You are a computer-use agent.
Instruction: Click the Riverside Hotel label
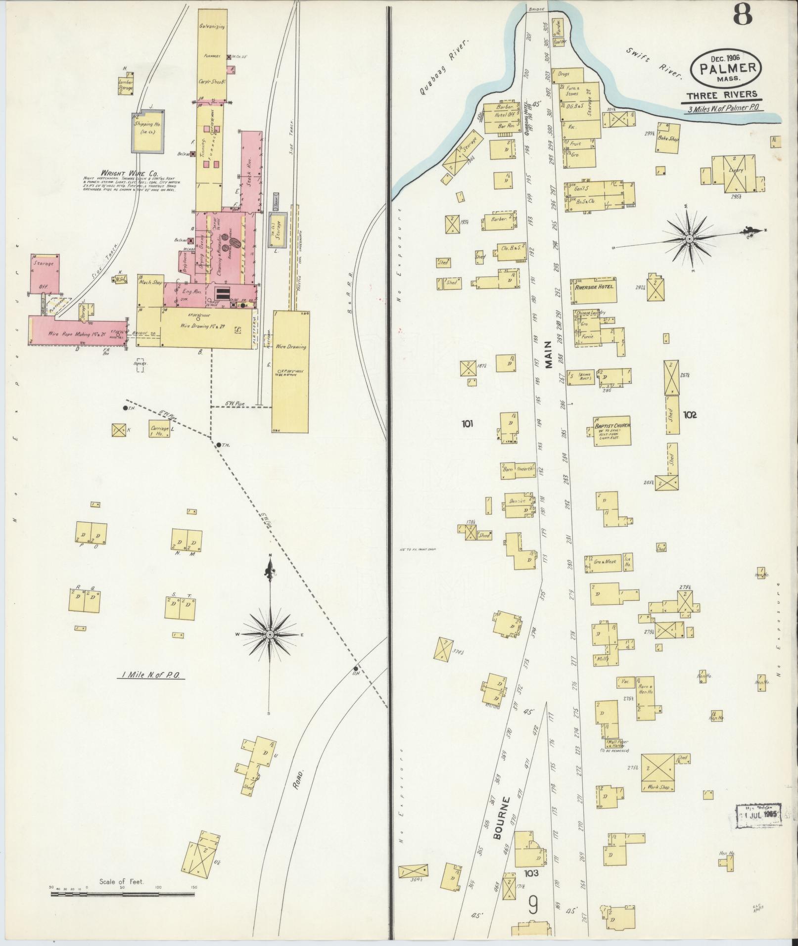pyautogui.click(x=594, y=286)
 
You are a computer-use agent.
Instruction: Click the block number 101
pyautogui.click(x=468, y=423)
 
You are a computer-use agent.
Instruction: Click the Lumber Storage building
pyautogui.click(x=125, y=86)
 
